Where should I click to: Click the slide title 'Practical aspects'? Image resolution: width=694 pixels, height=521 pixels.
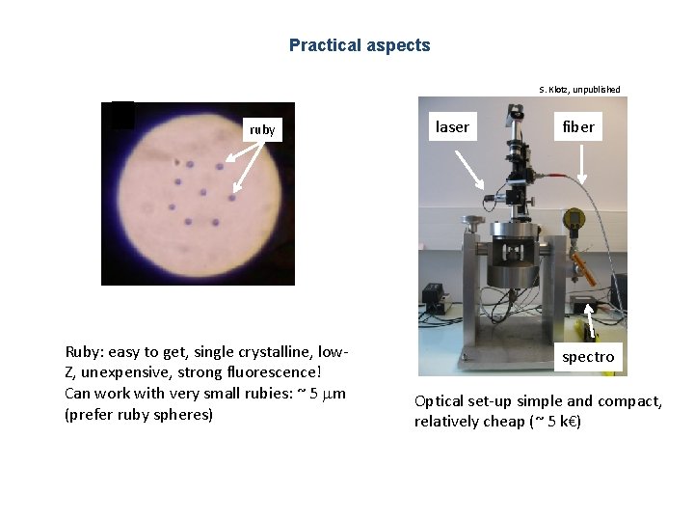360,45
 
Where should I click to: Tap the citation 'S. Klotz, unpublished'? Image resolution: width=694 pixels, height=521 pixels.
579,90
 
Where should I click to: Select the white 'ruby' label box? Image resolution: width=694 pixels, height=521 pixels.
262,129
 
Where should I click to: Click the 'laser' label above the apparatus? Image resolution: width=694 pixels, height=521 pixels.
452,126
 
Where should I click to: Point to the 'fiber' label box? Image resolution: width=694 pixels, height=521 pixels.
578,126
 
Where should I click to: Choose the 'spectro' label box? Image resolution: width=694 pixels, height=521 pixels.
589,357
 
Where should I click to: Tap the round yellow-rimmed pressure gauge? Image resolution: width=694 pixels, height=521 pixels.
576,221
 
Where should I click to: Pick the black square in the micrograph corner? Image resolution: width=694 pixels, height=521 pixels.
122,115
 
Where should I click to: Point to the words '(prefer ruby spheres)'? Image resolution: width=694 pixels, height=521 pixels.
138,414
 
